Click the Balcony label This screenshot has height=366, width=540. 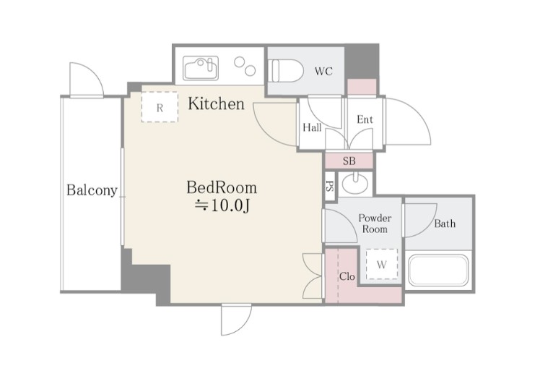click(92, 190)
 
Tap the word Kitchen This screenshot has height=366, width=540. click(217, 103)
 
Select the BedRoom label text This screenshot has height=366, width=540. click(222, 187)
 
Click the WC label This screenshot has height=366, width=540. click(323, 72)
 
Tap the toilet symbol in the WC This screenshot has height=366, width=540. click(286, 71)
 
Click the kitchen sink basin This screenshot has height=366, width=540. click(201, 68)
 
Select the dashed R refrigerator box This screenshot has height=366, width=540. click(160, 106)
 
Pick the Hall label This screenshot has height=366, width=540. click(312, 127)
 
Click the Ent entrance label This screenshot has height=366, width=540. click(365, 119)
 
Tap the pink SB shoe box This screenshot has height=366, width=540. click(349, 161)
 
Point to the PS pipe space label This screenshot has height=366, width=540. click(330, 187)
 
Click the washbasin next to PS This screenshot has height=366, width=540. click(354, 184)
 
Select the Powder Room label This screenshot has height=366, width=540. click(375, 224)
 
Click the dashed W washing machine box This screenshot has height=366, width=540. click(382, 264)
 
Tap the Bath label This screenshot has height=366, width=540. click(445, 224)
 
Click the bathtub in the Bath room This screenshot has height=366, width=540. click(438, 271)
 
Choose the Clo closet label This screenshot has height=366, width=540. click(347, 276)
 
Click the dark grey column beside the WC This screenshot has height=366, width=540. click(362, 62)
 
